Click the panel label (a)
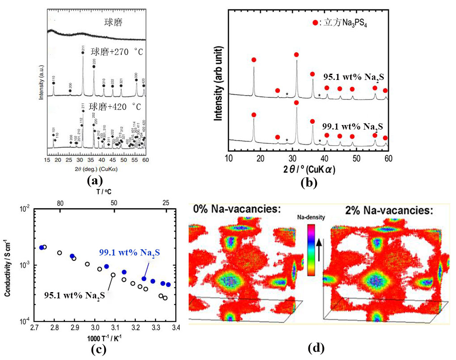[95, 181]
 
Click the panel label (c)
[98, 349]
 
